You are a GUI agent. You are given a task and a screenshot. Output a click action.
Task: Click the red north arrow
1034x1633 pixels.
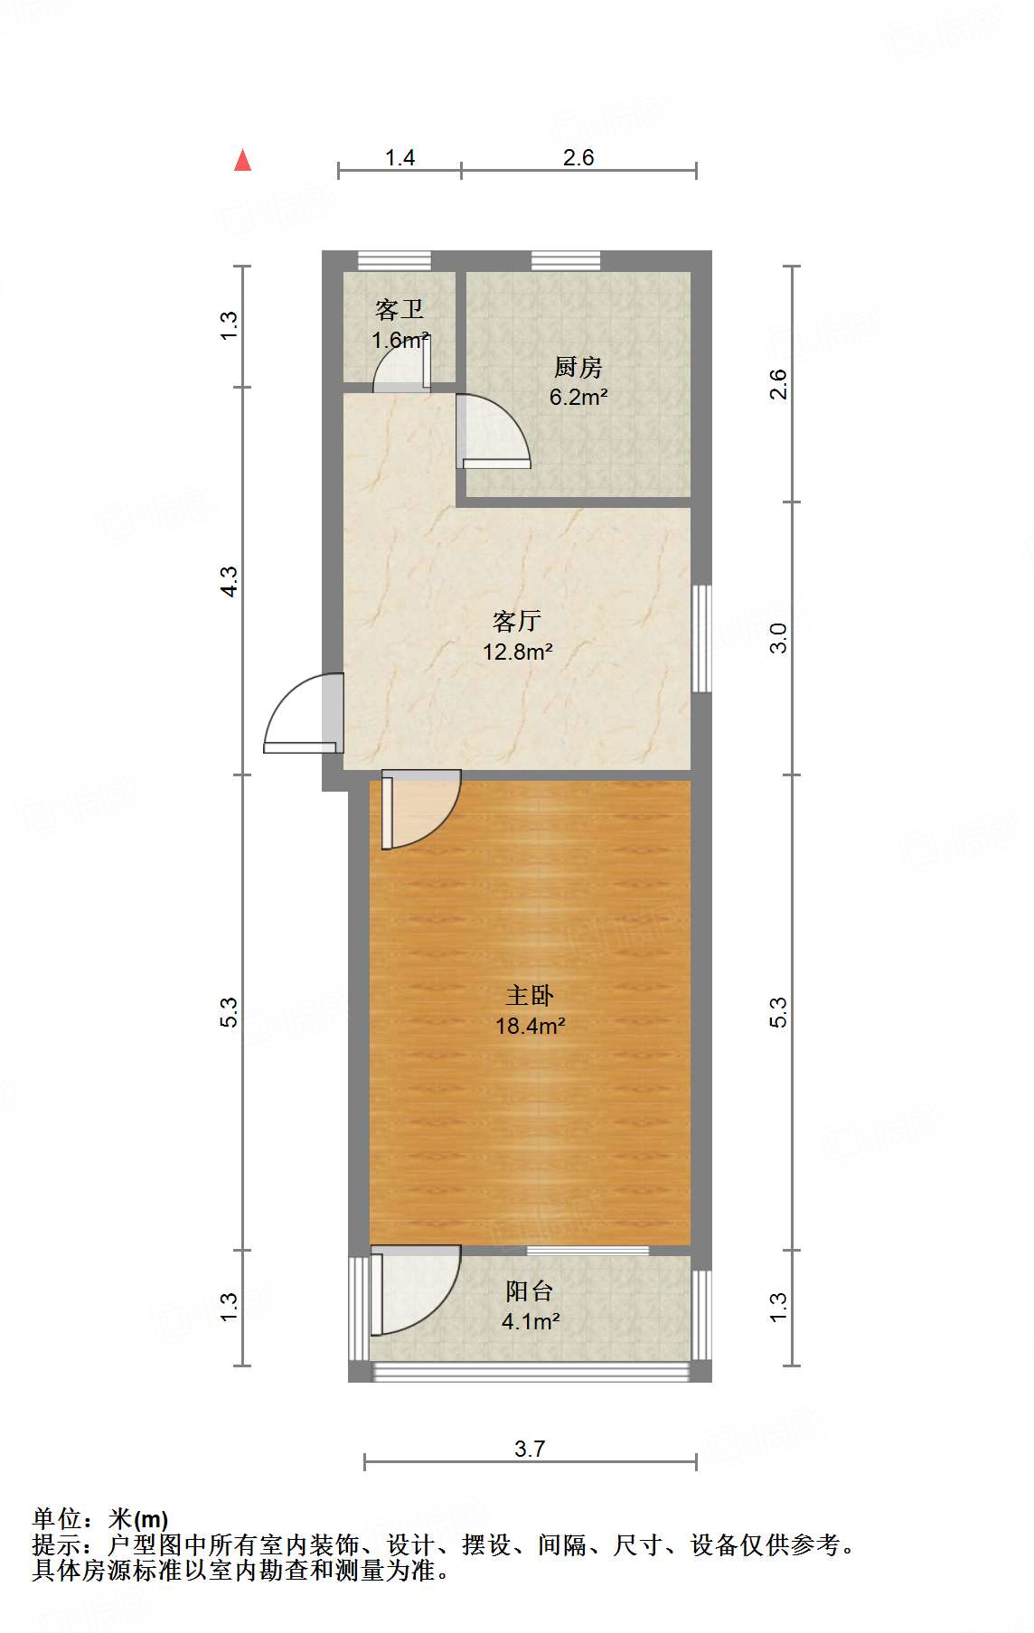[242, 161]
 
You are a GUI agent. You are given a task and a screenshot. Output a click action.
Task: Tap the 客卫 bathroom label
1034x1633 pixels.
[399, 310]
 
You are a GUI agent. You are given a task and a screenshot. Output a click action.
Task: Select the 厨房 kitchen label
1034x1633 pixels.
[578, 367]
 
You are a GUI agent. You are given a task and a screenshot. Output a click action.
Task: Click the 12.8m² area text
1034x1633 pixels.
[517, 652]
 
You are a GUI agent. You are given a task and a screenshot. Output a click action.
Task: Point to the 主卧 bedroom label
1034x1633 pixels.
[529, 995]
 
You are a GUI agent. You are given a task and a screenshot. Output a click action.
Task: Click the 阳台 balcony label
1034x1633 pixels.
[529, 1291]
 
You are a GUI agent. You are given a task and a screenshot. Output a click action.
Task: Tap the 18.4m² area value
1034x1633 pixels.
[530, 1026]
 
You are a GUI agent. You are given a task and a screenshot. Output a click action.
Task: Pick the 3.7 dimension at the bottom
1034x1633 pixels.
[530, 1450]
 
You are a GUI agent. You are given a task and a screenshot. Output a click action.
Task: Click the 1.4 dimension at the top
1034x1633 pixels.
[399, 158]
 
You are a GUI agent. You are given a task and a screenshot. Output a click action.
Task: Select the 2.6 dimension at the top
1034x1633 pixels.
[578, 158]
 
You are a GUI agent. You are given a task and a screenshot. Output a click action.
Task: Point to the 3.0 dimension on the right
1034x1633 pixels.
[778, 638]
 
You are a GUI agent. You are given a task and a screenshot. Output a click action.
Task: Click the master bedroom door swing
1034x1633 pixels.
[420, 809]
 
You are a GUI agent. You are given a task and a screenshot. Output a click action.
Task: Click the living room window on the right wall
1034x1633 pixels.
[701, 639]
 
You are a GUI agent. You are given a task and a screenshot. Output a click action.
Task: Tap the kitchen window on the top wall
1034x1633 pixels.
[566, 260]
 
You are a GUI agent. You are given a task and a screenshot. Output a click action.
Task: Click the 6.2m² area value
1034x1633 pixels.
[578, 397]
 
